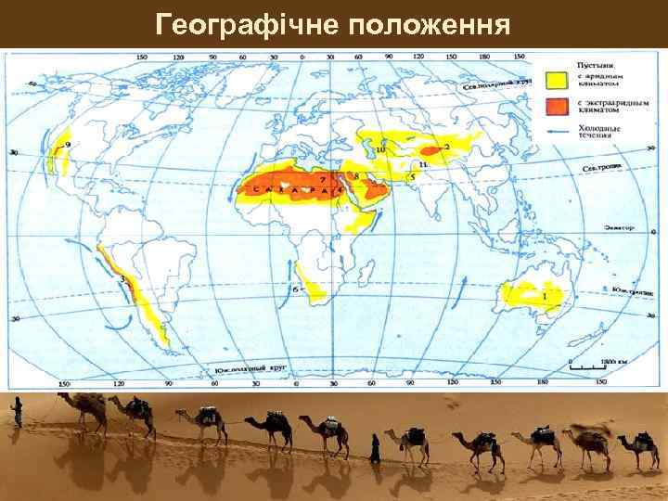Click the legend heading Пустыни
point(593,62)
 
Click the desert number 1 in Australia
point(544,295)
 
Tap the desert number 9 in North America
point(68,144)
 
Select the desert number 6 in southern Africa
point(295,289)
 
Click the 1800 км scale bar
point(588,362)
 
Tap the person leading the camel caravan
point(16,413)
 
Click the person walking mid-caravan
point(375,448)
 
